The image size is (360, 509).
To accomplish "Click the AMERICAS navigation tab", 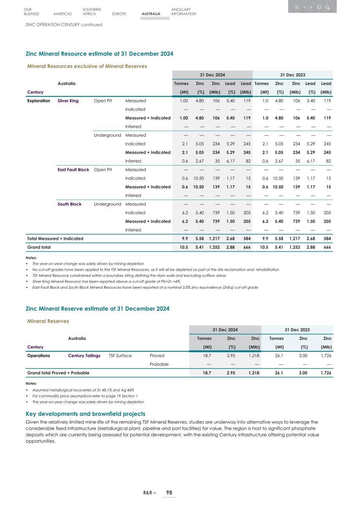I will tap(62, 14).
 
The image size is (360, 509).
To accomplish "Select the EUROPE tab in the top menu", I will tap(119, 14).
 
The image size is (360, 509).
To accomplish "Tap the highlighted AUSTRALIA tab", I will tap(151, 14).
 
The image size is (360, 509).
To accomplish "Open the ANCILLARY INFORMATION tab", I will tap(183, 12).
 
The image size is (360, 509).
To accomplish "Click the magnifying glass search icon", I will tap(327, 7).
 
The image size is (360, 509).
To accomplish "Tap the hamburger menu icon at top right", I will tap(297, 7).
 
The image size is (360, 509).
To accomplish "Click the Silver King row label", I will tap(68, 101).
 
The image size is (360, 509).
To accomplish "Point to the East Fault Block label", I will tap(73, 170).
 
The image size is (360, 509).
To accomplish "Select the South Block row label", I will tap(69, 204).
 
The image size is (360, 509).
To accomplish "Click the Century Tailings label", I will tap(84, 355).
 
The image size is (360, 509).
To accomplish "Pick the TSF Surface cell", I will tap(120, 355).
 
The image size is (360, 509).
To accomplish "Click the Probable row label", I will tap(159, 364).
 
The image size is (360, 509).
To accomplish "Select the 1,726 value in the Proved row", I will tap(326, 355).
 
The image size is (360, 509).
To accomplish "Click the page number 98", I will tap(169, 493).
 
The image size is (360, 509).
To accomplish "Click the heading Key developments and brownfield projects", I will tap(85, 414).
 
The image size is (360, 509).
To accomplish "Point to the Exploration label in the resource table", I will tap(38, 101).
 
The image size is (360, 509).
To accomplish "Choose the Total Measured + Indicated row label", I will tap(55, 238).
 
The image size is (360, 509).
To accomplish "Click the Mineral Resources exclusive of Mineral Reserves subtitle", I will tap(87, 66).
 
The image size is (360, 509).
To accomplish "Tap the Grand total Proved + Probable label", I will tap(58, 373).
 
